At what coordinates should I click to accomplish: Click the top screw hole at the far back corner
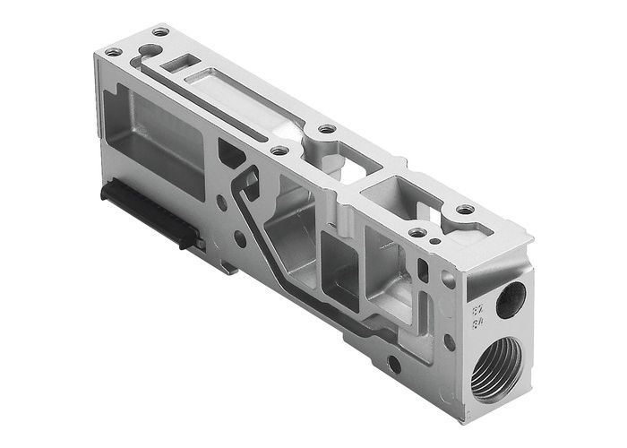point(159,31)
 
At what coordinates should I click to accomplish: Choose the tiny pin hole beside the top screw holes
point(434,240)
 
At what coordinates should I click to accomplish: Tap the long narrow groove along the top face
point(224,99)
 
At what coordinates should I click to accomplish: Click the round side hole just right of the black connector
point(239,239)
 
